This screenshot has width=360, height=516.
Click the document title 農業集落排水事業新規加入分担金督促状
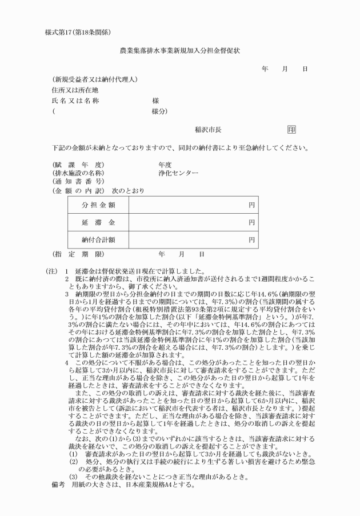(180, 50)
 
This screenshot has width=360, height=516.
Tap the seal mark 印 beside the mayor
(291, 130)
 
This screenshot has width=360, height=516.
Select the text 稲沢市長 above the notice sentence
(208, 130)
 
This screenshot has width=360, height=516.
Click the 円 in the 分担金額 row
(251, 205)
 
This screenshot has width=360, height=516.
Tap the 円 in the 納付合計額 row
(251, 240)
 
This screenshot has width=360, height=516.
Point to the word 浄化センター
(178, 173)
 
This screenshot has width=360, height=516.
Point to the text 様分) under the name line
(159, 111)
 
